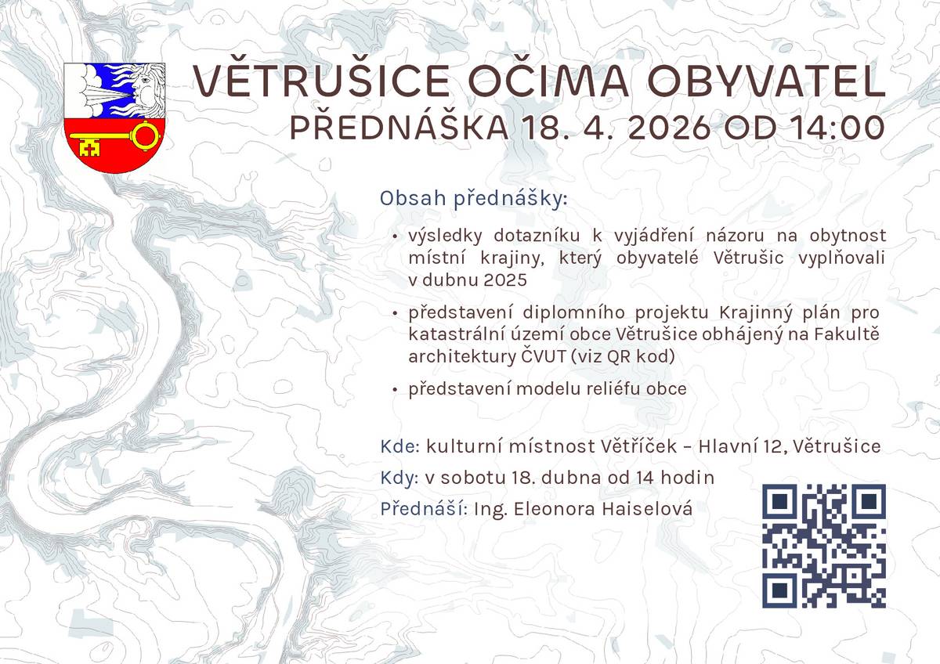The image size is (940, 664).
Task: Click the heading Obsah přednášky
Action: [472, 199]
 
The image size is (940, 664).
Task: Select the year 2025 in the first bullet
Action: [505, 280]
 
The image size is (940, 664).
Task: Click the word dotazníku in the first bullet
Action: [527, 235]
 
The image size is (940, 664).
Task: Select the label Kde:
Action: [400, 446]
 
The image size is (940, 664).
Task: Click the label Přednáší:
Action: [425, 509]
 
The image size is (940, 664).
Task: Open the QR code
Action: [823, 546]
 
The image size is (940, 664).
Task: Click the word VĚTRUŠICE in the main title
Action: [321, 81]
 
